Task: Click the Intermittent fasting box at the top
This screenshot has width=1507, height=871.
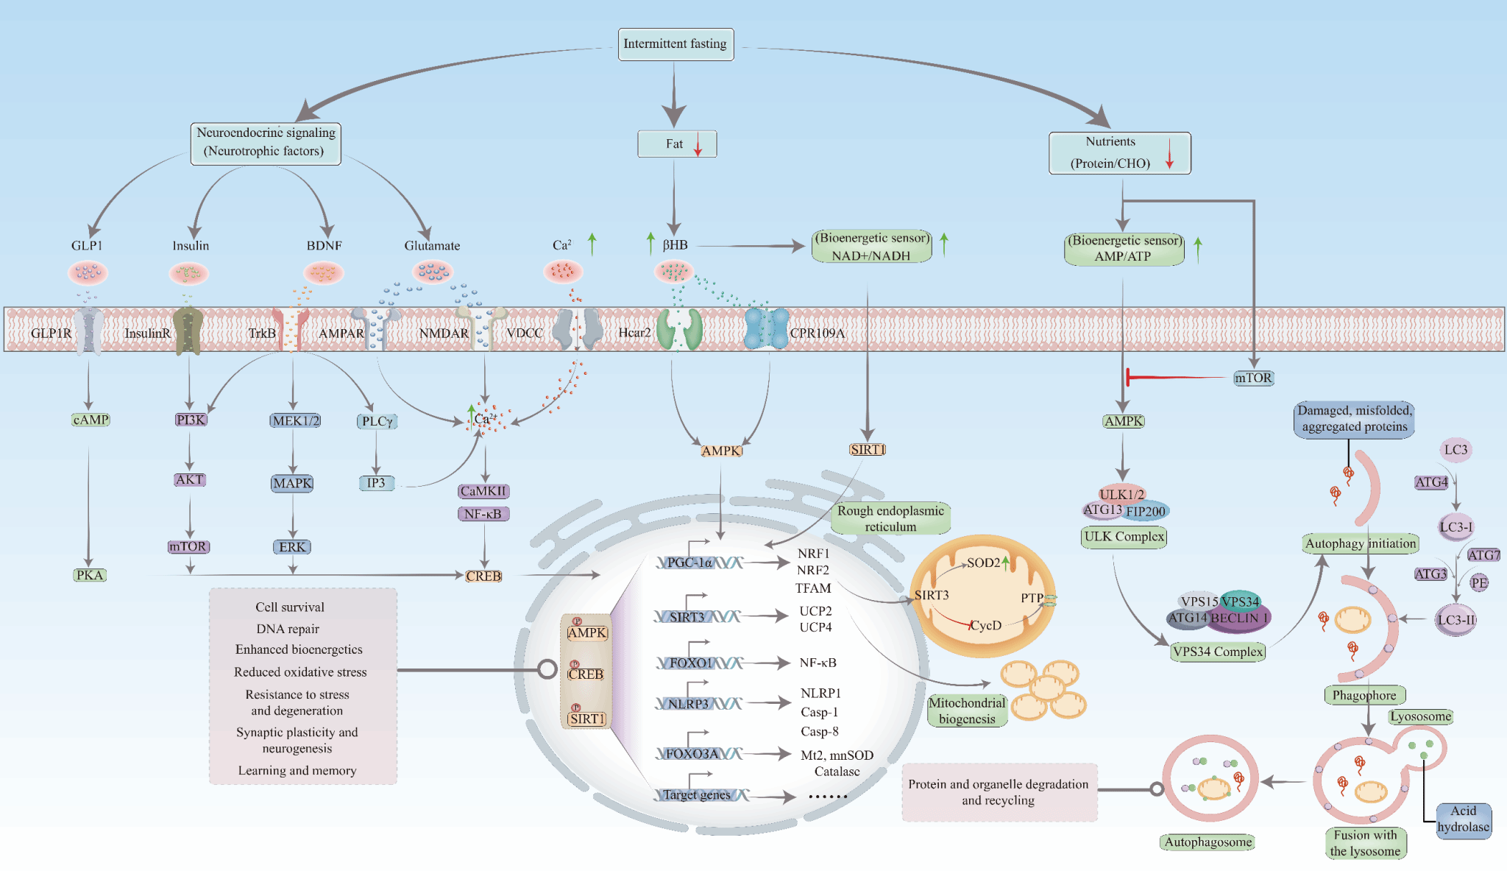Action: (675, 44)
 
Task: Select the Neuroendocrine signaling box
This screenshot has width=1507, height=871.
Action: (266, 143)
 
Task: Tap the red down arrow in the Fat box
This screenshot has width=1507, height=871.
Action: (698, 144)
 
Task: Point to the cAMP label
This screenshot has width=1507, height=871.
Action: (91, 420)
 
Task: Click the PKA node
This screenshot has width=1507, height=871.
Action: (90, 575)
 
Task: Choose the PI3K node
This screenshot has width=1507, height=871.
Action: (191, 420)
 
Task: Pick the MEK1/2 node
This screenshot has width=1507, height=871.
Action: (294, 420)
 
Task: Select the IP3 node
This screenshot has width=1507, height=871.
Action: (376, 483)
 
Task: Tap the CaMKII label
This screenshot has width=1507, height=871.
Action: (483, 491)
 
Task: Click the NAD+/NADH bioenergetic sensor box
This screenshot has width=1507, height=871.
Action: (871, 247)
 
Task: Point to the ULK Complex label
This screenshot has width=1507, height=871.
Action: (1124, 537)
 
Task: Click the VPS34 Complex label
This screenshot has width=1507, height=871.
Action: (1218, 652)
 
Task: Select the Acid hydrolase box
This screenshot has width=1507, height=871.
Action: (1463, 819)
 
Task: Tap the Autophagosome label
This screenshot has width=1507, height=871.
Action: (1208, 842)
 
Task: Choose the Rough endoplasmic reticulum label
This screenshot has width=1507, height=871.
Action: (890, 518)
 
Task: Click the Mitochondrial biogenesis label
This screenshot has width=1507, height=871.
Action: (967, 710)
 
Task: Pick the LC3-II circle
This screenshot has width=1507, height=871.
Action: (1455, 620)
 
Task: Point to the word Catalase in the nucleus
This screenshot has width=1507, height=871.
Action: (837, 772)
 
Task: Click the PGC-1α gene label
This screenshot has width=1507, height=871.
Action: (689, 563)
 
